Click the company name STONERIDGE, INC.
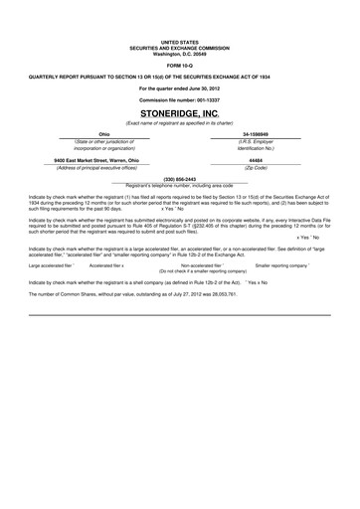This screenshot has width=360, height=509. click(x=179, y=114)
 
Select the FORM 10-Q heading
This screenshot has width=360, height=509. click(x=179, y=62)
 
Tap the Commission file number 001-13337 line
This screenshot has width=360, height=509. click(x=179, y=100)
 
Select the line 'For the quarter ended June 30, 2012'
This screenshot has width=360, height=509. click(x=179, y=87)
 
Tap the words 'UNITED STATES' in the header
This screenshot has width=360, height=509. click(x=179, y=39)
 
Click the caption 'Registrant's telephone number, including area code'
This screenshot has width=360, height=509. click(x=180, y=185)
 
